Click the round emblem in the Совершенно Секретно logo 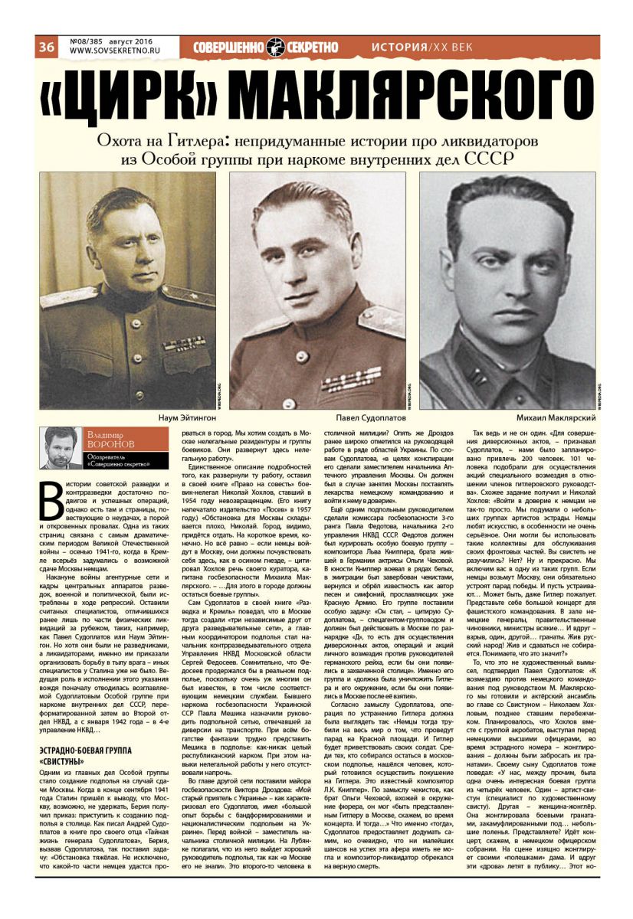[x=276, y=47]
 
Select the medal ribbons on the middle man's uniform [x=351, y=379]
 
